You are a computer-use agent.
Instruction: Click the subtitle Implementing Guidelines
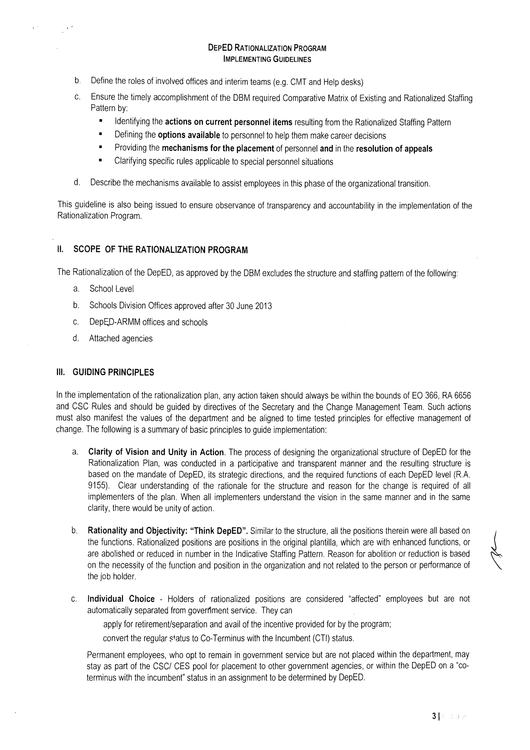(x=267, y=60)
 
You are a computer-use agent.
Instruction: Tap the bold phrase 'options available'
(x=189, y=135)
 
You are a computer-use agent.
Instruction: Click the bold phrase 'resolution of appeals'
(x=394, y=149)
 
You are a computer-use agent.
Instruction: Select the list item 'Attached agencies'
(x=121, y=338)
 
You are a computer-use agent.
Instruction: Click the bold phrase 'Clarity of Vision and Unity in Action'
(x=156, y=453)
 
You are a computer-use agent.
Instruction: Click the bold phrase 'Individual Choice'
(x=121, y=599)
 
